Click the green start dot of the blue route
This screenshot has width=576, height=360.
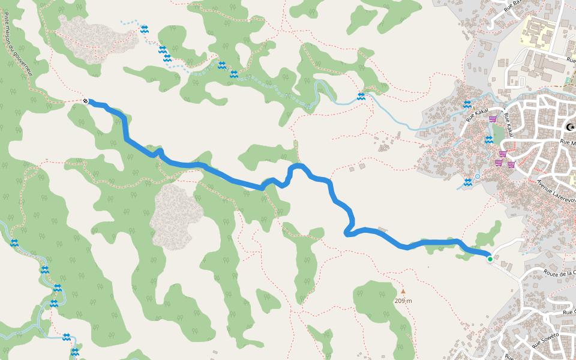pos(490,259)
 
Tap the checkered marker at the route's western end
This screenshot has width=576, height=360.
pos(86,101)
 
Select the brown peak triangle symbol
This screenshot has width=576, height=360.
pos(403,292)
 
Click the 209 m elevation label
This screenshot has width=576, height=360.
pos(403,300)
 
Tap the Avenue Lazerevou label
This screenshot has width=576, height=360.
pos(556,191)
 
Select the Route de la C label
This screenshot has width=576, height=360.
pos(559,273)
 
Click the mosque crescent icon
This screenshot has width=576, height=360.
pos(570,127)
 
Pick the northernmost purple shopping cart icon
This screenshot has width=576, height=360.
pos(493,119)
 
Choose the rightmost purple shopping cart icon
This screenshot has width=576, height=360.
pos(511,164)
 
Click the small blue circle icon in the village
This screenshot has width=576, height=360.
pos(478,176)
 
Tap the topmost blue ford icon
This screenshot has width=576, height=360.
pos(144,29)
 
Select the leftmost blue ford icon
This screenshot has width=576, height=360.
pos(14,242)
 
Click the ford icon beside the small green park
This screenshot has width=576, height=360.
pos(489,140)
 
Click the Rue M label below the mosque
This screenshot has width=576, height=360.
pos(567,143)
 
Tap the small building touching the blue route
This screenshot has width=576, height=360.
pos(382,230)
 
